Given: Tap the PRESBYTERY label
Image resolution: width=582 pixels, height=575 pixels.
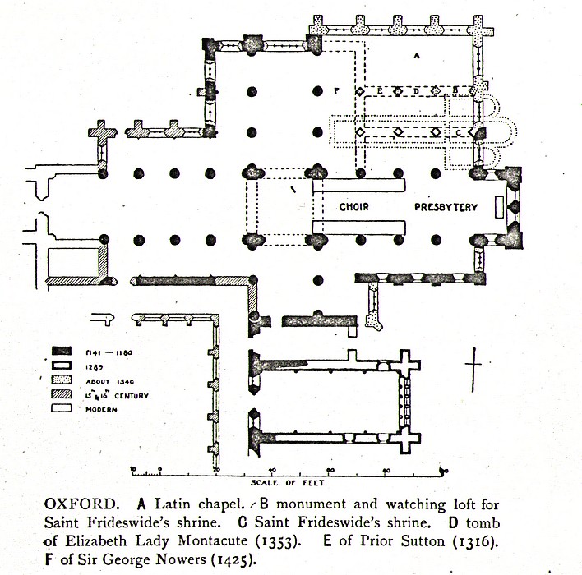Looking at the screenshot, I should pos(445,208).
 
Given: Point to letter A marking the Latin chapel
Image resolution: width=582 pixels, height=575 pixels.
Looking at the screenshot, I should pos(417,56).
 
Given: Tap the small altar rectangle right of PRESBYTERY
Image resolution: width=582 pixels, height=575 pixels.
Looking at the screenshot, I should pos(499,208).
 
